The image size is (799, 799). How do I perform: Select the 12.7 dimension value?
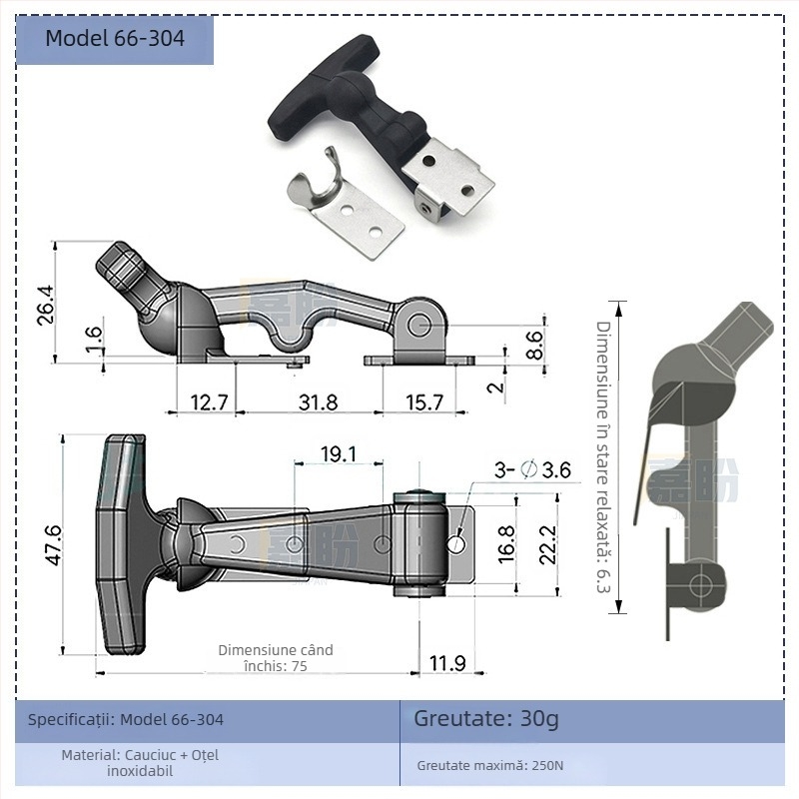209,402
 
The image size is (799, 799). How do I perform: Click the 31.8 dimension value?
318,402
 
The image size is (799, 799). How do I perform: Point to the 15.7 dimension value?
423,402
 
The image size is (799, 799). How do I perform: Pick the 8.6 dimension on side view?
535,344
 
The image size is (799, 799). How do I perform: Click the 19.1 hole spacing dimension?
339,454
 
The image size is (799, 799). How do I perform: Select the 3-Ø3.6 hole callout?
532,469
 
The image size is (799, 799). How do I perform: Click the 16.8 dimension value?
506,545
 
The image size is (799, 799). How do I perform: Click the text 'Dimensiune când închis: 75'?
276,658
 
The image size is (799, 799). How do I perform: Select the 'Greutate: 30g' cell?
486,718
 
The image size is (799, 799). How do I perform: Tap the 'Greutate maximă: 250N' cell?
490,766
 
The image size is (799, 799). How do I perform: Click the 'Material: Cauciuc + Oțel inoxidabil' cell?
140,762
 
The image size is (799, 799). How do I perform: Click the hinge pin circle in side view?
420,325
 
